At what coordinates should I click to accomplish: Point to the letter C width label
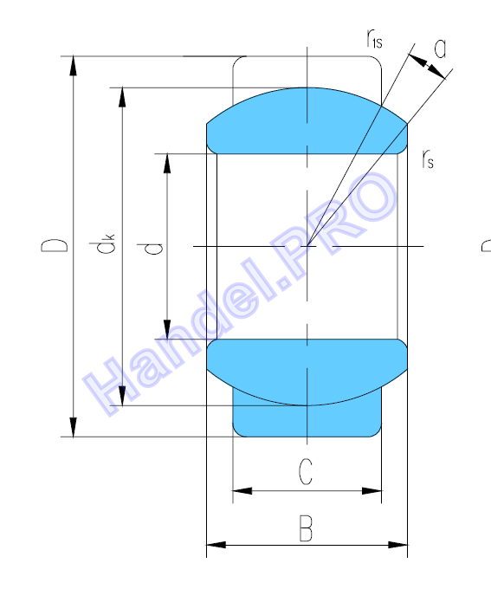[x=306, y=471]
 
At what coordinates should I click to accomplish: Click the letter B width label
[x=306, y=528]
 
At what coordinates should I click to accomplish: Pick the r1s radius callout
[x=375, y=39]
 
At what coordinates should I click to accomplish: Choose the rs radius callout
[x=428, y=159]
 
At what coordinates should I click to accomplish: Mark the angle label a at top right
[x=440, y=49]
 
